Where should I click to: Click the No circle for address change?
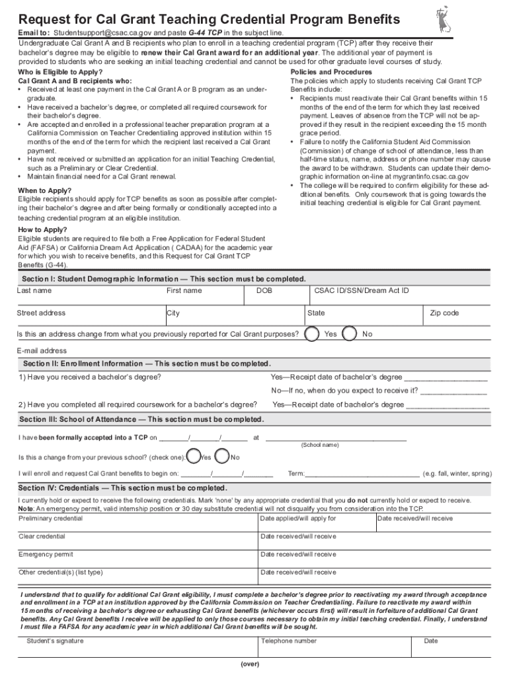tap(350, 334)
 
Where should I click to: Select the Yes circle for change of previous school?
tap(194, 456)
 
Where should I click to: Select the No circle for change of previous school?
tap(223, 456)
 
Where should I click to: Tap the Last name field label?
tap(34, 291)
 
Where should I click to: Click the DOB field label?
tap(264, 291)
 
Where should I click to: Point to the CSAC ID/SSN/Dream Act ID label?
tap(362, 291)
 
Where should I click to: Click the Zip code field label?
tap(444, 313)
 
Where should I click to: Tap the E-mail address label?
tap(42, 351)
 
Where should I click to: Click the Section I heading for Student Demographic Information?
tap(164, 279)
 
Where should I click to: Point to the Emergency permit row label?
tap(46, 555)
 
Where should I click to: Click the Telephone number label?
tap(289, 641)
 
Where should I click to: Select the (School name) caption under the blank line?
tap(320, 445)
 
